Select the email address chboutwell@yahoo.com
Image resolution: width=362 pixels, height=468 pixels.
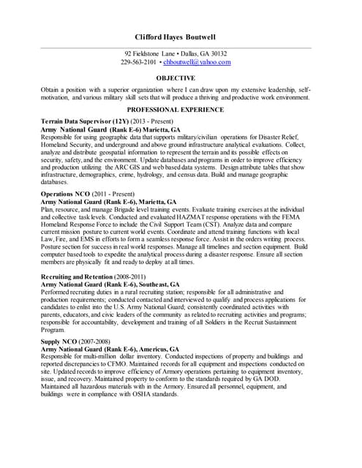(200, 63)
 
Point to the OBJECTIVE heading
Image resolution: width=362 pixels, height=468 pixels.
(181, 78)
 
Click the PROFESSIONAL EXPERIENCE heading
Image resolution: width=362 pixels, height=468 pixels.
(181, 107)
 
